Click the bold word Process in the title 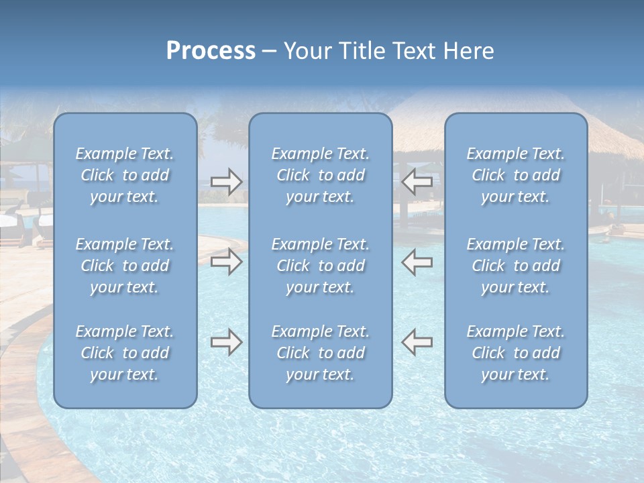click(211, 51)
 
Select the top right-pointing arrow click(226, 182)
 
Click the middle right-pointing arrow click(226, 262)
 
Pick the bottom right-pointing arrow click(226, 342)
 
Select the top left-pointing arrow click(417, 182)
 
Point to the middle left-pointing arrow click(417, 262)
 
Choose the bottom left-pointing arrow click(417, 342)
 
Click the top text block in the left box click(125, 175)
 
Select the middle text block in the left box click(125, 266)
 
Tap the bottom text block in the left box click(125, 353)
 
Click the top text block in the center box click(320, 175)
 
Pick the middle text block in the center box click(320, 266)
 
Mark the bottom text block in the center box click(320, 353)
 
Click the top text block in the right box click(515, 175)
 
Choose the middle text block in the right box click(515, 266)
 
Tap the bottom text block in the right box click(515, 353)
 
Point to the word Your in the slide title click(308, 51)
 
